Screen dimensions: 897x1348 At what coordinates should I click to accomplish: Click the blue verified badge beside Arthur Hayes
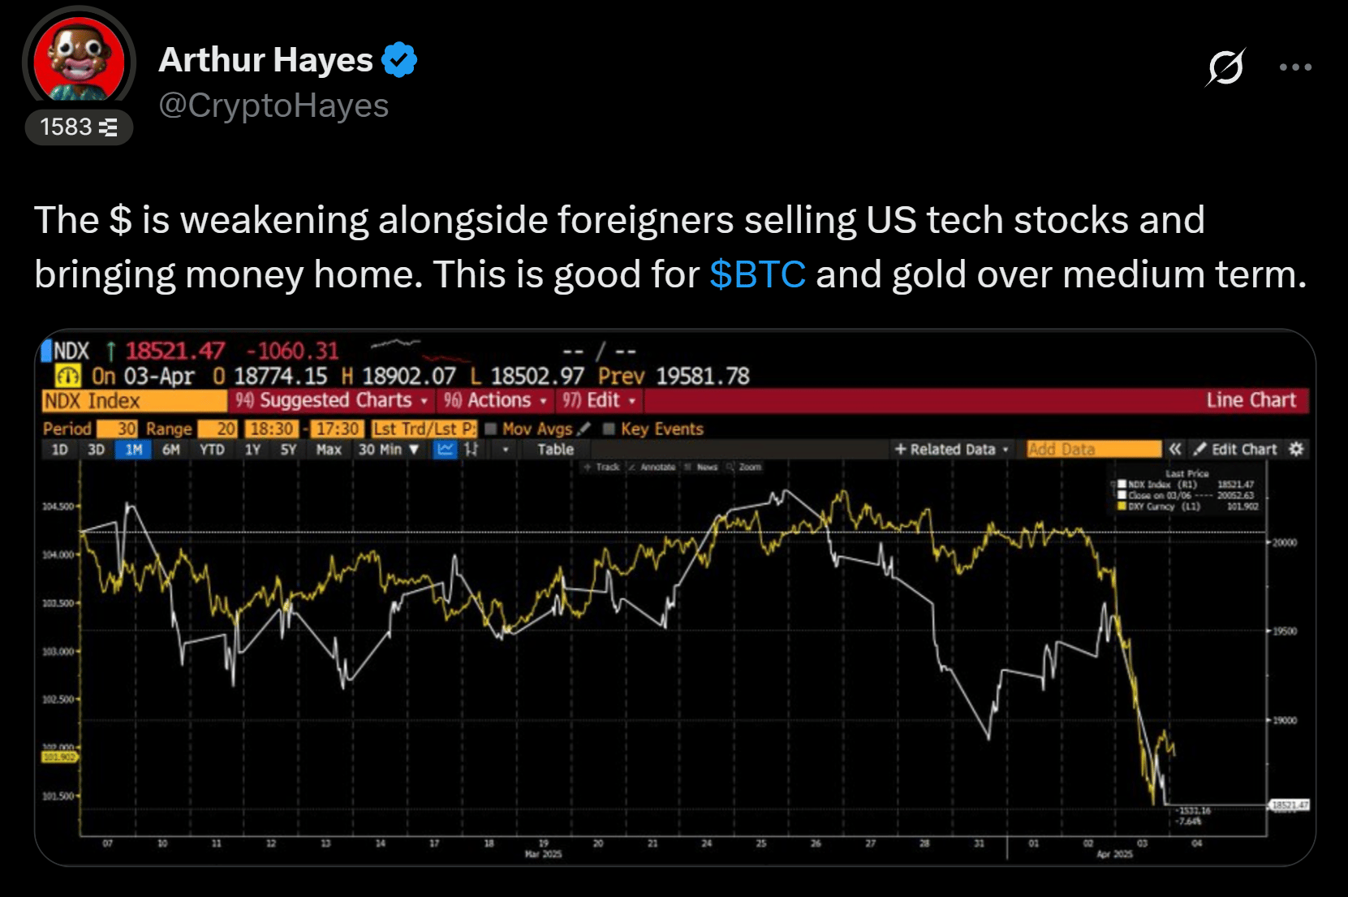(399, 60)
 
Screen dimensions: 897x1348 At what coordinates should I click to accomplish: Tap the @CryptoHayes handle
(273, 106)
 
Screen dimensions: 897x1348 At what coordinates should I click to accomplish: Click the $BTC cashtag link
(757, 274)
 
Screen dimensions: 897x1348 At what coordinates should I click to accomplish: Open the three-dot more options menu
(1294, 67)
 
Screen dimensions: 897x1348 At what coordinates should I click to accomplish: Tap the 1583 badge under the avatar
(79, 127)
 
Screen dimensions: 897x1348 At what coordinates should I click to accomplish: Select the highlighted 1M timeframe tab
(134, 450)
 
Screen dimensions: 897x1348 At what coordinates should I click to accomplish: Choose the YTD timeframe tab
(212, 450)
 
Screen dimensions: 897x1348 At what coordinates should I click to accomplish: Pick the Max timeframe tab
(329, 450)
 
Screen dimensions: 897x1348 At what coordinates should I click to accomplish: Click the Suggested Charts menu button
(332, 401)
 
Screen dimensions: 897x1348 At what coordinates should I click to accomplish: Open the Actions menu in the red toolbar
(495, 401)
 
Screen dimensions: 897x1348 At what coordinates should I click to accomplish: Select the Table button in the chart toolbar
(555, 450)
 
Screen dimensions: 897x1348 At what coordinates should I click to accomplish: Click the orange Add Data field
(1092, 450)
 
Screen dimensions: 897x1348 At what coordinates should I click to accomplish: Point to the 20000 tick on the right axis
(1284, 542)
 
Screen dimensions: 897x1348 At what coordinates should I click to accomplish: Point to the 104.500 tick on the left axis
(58, 507)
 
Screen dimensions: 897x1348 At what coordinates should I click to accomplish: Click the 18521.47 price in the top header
(174, 351)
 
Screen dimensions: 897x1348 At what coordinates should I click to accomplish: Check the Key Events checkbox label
(661, 429)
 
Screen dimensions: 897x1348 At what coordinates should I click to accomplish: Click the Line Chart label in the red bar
(1250, 401)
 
